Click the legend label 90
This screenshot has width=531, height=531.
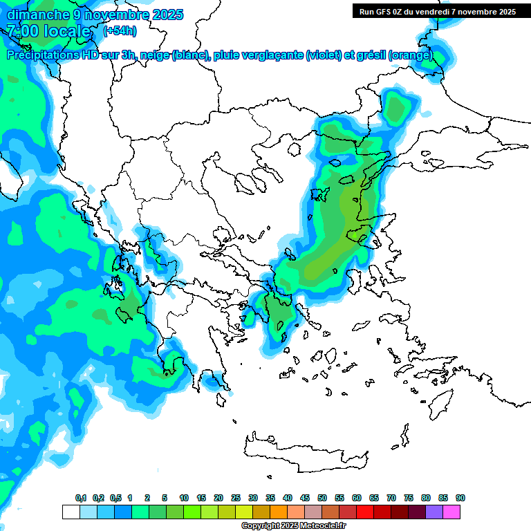(460, 498)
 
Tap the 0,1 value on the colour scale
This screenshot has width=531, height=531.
(81, 498)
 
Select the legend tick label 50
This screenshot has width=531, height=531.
(322, 498)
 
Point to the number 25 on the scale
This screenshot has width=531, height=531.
(236, 498)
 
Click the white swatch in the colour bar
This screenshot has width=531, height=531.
(71, 512)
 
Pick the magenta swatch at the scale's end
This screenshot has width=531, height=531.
(452, 512)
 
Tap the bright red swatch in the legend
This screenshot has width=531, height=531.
(365, 512)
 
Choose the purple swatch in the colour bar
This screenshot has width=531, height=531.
(434, 512)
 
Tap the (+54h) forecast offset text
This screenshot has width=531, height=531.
(120, 31)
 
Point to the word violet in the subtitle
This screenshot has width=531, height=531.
(323, 55)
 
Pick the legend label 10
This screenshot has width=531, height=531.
(184, 498)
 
